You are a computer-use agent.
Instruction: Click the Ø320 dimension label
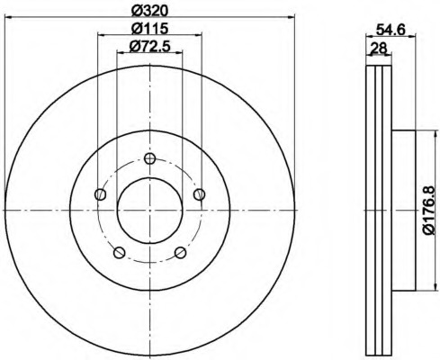pos(149,11)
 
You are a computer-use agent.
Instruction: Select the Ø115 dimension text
pos(149,29)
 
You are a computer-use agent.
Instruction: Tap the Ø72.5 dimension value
pos(149,47)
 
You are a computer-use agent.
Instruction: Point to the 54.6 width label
pos(391,30)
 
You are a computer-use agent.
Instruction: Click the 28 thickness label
pos(378,48)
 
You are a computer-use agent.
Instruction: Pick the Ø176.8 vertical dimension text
pos(428,211)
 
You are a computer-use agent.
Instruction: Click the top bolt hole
pos(149,158)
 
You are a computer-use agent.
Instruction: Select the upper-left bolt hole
pos(100,194)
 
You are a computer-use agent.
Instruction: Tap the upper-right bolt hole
pos(199,194)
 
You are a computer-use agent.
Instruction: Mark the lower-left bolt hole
pos(119,252)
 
